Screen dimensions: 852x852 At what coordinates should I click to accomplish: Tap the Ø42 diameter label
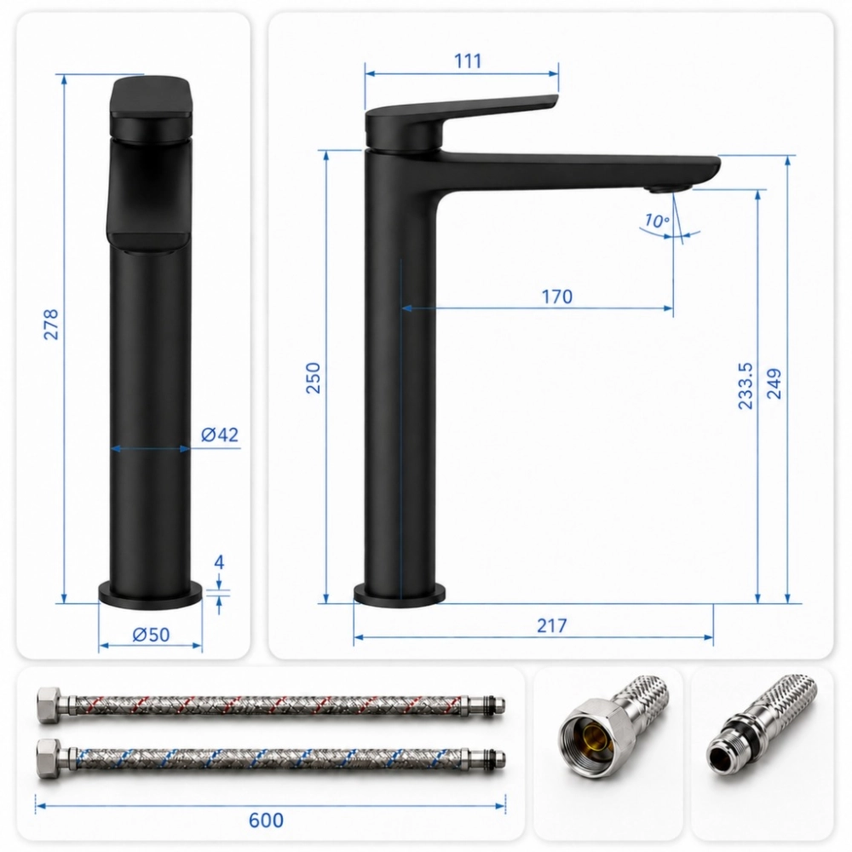tap(220, 435)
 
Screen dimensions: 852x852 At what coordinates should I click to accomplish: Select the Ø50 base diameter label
tap(151, 634)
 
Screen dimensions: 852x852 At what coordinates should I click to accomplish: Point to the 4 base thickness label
tap(219, 561)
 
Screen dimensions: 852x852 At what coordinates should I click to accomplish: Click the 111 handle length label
tap(468, 60)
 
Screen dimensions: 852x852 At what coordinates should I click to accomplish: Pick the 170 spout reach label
tap(557, 296)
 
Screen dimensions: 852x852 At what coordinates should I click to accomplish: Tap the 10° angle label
tap(657, 221)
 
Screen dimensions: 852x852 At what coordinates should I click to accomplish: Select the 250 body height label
tap(314, 377)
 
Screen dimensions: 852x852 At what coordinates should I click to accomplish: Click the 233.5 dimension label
tap(745, 386)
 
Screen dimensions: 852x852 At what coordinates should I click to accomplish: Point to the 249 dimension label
tap(774, 383)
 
